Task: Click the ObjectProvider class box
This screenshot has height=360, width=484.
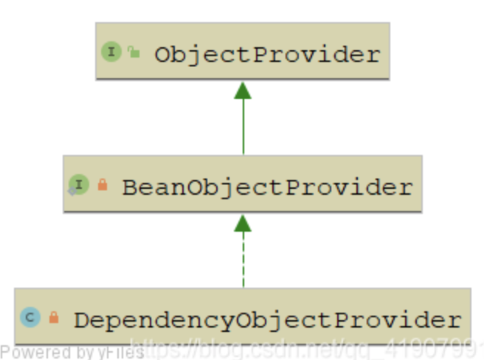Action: coord(242,52)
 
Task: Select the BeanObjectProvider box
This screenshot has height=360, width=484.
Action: coord(242,184)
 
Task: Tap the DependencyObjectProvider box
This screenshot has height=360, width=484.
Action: coord(242,318)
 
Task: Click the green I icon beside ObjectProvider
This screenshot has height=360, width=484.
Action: coord(111,52)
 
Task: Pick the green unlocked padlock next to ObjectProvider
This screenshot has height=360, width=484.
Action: coord(134,52)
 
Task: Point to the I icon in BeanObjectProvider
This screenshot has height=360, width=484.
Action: coord(79,184)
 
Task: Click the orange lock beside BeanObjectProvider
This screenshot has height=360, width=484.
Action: coord(103,185)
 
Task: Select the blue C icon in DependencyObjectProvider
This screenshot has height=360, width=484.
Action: coord(30,318)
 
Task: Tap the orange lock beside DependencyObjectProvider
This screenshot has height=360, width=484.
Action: coord(53,318)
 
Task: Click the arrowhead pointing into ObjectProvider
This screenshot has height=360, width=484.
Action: coord(243,90)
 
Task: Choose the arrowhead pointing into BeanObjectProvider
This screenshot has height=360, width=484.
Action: coord(243,224)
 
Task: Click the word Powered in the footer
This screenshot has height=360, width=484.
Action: coord(30,353)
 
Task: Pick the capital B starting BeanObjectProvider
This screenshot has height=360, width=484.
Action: coord(130,187)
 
